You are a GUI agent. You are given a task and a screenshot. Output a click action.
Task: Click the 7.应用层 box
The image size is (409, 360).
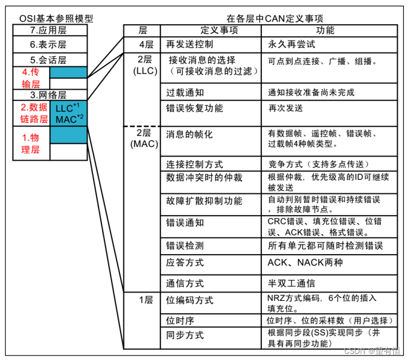pyautogui.click(x=51, y=30)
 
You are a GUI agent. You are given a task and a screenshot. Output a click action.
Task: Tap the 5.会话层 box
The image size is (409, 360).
pyautogui.click(x=51, y=59)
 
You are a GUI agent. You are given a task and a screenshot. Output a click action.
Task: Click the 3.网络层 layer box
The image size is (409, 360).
pyautogui.click(x=51, y=95)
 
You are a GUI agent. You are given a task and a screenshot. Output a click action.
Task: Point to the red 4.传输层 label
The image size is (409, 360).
pyautogui.click(x=32, y=78)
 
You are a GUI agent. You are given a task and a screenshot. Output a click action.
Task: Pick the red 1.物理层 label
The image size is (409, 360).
pyautogui.click(x=32, y=143)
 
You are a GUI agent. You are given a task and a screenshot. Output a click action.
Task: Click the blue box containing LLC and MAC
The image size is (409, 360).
pyautogui.click(x=69, y=113)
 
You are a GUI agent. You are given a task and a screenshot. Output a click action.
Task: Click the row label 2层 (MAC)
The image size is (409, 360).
pyautogui.click(x=141, y=138)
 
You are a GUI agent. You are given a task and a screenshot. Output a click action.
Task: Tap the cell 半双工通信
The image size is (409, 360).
pyautogui.click(x=291, y=283)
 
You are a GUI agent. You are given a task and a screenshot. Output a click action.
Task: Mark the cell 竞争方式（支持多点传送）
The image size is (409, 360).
pyautogui.click(x=319, y=165)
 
